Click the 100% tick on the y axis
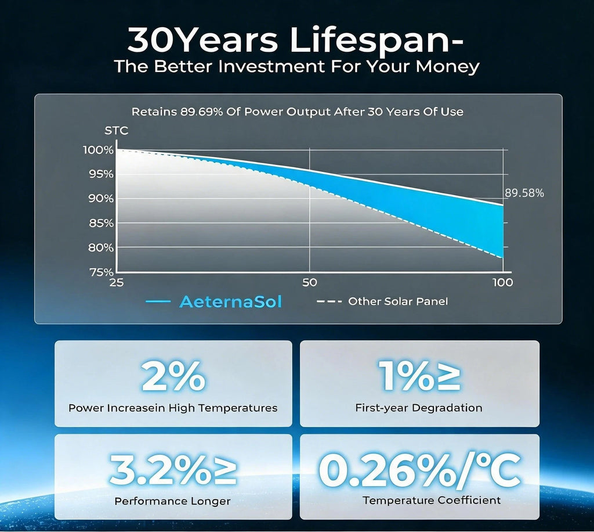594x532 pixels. pyautogui.click(x=99, y=150)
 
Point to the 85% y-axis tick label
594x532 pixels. pyautogui.click(x=101, y=224)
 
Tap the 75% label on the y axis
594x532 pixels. pyautogui.click(x=101, y=272)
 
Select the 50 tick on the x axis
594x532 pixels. pyautogui.click(x=310, y=282)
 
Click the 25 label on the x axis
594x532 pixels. pyautogui.click(x=116, y=282)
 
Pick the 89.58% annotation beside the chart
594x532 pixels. pyautogui.click(x=524, y=193)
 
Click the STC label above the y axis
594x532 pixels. pyautogui.click(x=116, y=131)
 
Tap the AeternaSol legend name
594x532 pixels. pyautogui.click(x=231, y=302)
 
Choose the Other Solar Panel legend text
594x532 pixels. pyautogui.click(x=398, y=301)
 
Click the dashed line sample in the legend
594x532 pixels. pyautogui.click(x=329, y=301)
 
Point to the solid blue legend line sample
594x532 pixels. pyautogui.click(x=158, y=302)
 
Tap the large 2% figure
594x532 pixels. pyautogui.click(x=173, y=376)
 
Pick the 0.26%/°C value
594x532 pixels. pyautogui.click(x=420, y=470)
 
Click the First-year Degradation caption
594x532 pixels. pyautogui.click(x=419, y=408)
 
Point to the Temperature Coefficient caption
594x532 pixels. pyautogui.click(x=432, y=501)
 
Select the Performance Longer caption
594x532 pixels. pyautogui.click(x=172, y=501)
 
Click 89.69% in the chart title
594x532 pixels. pyautogui.click(x=201, y=112)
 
